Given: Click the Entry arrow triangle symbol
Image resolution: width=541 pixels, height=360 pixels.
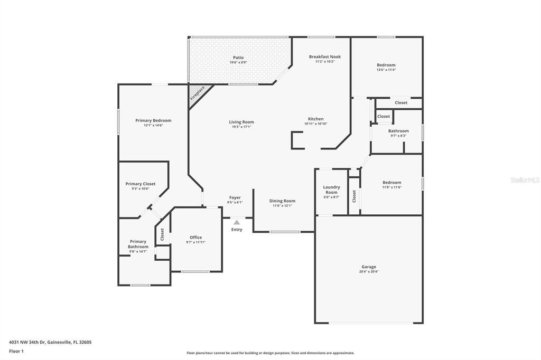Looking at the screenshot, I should (x=237, y=222).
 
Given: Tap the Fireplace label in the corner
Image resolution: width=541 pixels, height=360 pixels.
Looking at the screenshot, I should (x=198, y=93).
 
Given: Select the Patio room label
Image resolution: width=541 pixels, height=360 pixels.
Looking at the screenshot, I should (x=238, y=58).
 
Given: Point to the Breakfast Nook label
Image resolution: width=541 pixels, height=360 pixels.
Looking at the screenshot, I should (x=325, y=56).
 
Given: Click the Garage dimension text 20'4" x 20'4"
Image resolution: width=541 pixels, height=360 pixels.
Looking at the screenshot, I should (x=369, y=272).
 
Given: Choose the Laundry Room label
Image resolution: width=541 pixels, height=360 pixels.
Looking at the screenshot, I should (x=331, y=190).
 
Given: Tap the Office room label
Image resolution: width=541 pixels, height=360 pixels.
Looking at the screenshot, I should (x=195, y=237).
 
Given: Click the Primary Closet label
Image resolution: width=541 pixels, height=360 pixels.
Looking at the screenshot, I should (x=141, y=184).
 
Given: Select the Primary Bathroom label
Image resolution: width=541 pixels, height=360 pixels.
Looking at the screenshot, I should (x=138, y=244).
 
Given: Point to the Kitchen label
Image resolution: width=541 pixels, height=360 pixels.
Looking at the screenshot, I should (x=316, y=119).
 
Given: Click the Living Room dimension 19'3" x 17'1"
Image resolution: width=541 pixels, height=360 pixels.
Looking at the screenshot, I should (x=241, y=127).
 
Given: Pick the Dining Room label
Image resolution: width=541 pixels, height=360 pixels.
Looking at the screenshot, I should (x=282, y=201).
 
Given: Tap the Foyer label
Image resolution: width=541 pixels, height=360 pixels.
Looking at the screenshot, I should (x=235, y=197).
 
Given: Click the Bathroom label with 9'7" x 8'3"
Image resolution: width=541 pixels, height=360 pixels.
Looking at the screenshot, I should (x=398, y=131).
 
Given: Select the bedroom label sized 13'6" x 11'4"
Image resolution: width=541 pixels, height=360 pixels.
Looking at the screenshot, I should (x=386, y=65).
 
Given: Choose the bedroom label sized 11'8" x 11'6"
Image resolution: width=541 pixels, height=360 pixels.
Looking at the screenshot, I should (x=391, y=183).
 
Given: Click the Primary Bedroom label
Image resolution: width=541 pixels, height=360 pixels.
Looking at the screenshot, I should (x=153, y=120).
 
